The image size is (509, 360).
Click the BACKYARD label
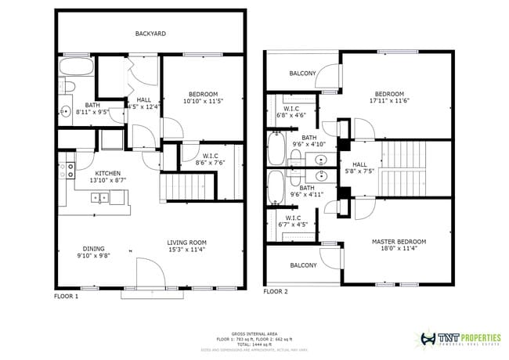[x=150, y=34]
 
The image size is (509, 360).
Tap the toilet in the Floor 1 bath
[x=68, y=85]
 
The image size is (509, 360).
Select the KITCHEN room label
[x=107, y=173]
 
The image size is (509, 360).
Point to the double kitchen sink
[x=100, y=198]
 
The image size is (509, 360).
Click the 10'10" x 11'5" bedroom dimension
[x=203, y=101]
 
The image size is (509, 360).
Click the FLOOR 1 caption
[x=66, y=297]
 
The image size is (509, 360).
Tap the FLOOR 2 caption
[x=275, y=291]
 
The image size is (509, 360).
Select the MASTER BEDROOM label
[x=399, y=241]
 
